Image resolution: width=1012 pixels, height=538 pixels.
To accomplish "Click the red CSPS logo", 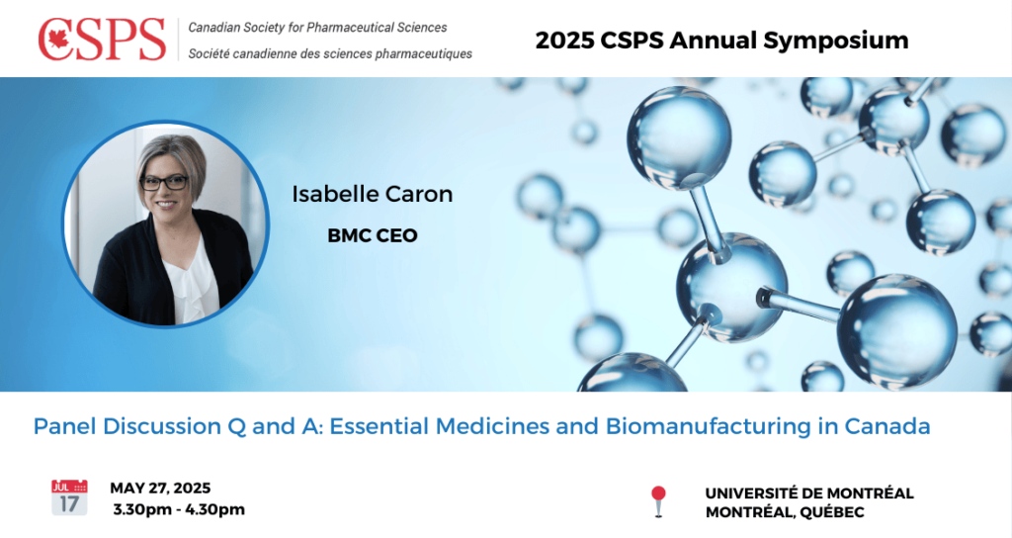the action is click(x=102, y=40).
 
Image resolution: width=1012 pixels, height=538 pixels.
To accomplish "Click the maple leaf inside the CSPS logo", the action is click(x=59, y=40).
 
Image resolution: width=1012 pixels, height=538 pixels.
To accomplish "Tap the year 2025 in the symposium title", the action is click(x=564, y=41).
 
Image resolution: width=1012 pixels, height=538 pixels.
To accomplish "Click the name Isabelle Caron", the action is click(x=373, y=194).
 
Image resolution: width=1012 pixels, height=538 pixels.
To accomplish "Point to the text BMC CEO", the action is click(x=373, y=235).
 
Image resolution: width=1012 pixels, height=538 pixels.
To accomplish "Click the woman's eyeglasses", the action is click(x=164, y=183).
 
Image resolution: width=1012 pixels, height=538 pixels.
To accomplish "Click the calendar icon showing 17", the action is click(x=69, y=497).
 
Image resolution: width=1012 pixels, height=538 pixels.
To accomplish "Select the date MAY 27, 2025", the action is click(x=160, y=488).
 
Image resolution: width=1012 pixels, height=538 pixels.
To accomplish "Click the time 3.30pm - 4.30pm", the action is click(x=179, y=509).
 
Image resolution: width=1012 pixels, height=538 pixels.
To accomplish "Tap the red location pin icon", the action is click(x=657, y=501).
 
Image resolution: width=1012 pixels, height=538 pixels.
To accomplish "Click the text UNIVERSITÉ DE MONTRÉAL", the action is click(x=809, y=493).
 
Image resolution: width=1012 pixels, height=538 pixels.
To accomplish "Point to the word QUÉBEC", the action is click(x=832, y=513).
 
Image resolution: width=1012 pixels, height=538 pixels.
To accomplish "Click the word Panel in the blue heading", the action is click(x=64, y=426).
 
